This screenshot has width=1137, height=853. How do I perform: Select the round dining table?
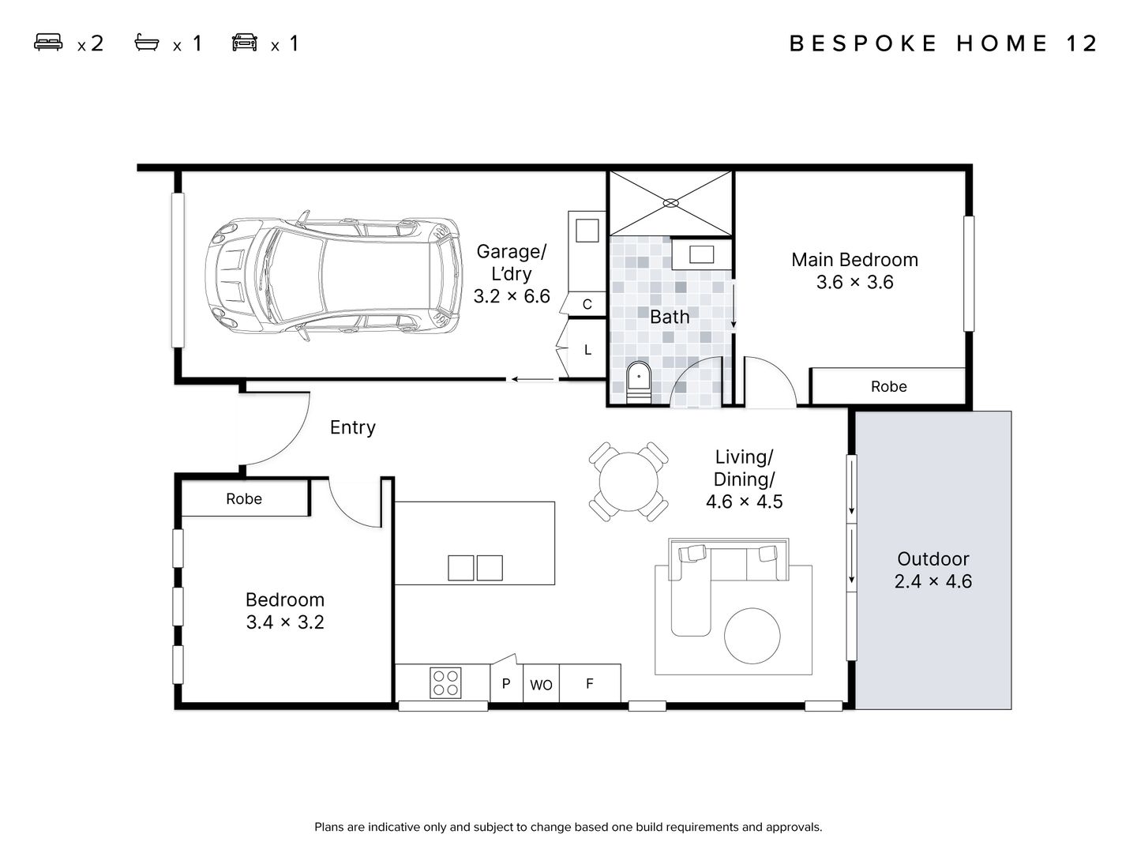(x=629, y=481)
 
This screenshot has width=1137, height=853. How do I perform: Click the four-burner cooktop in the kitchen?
(x=445, y=683)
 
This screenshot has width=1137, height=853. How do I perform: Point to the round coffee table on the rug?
(x=752, y=636)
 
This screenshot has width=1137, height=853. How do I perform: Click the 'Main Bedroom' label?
(x=854, y=260)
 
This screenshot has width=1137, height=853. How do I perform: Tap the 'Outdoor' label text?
(x=932, y=559)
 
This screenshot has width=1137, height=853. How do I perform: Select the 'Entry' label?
(x=352, y=427)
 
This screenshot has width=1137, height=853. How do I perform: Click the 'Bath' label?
(x=670, y=317)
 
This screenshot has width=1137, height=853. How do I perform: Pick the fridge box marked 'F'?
(x=590, y=683)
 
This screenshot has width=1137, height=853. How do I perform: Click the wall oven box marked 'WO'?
(x=541, y=684)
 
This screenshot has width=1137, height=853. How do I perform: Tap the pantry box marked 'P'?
(x=506, y=683)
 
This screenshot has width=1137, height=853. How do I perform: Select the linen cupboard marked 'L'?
(x=587, y=349)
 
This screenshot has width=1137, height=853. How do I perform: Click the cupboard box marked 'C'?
(x=587, y=304)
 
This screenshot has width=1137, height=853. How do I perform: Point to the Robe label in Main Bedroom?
(x=888, y=386)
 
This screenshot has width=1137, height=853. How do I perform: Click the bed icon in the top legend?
(x=48, y=43)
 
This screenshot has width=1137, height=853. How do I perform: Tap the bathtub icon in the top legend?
(x=147, y=43)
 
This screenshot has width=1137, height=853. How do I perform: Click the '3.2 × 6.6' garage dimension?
(x=512, y=296)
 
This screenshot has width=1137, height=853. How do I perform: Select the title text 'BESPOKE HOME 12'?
(x=944, y=43)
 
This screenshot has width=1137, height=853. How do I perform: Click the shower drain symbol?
(x=670, y=203)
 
